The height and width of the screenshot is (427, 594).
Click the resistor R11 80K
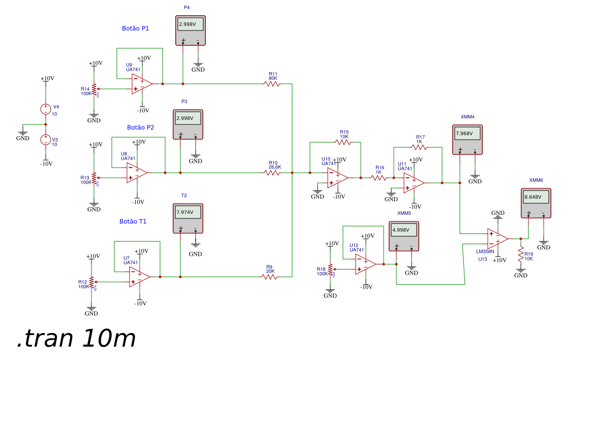click(272, 84)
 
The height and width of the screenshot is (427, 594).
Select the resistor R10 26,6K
click(272, 173)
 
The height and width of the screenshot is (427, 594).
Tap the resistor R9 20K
click(269, 277)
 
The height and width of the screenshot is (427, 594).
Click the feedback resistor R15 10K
click(343, 143)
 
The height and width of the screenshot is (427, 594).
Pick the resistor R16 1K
click(379, 178)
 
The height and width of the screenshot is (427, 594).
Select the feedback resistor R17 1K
click(419, 147)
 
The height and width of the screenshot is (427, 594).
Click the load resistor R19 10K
click(521, 254)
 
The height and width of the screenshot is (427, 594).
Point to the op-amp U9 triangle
click(141, 84)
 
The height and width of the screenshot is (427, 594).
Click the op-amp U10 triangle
click(337, 178)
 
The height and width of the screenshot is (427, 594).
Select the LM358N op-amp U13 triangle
click(497, 238)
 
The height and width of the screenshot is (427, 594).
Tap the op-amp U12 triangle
click(365, 264)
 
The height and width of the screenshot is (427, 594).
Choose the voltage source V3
click(46, 140)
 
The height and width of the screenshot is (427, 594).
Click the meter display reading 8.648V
click(536, 197)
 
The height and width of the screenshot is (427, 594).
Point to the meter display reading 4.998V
click(404, 230)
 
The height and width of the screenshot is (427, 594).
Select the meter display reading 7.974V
click(188, 212)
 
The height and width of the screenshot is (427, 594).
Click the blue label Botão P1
click(136, 28)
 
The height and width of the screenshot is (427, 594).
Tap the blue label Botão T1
click(133, 221)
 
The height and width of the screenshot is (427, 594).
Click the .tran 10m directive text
click(76, 339)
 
